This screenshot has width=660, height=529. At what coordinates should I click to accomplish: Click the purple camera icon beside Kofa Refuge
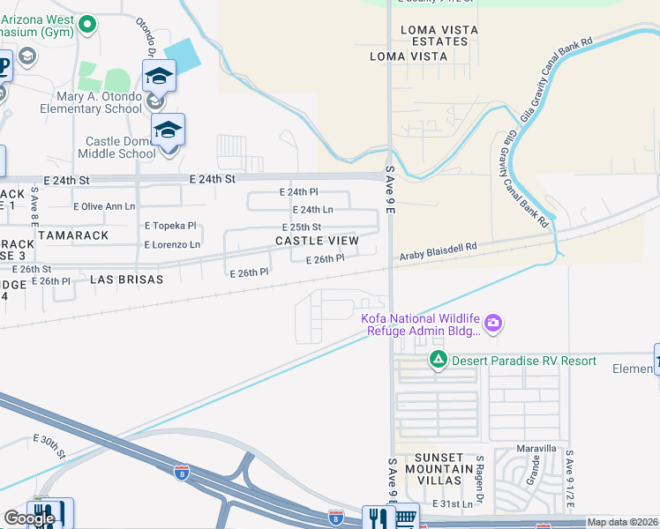pyautogui.click(x=493, y=324)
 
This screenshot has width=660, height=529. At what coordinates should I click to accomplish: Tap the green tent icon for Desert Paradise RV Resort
pyautogui.click(x=437, y=360)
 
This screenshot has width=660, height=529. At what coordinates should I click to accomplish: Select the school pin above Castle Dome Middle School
pyautogui.click(x=167, y=130)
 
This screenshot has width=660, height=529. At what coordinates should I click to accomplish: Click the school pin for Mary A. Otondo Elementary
pyautogui.click(x=159, y=77)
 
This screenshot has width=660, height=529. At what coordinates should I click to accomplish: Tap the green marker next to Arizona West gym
pyautogui.click(x=86, y=25)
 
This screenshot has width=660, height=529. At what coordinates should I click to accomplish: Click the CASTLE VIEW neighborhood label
pyautogui.click(x=317, y=241)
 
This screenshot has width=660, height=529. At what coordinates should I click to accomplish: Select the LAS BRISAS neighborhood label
pyautogui.click(x=127, y=279)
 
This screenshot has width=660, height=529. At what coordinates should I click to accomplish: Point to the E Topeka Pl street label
pyautogui.click(x=170, y=226)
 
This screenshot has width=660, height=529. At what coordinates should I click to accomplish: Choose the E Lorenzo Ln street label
pyautogui.click(x=172, y=244)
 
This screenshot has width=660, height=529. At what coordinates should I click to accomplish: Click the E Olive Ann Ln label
pyautogui.click(x=103, y=206)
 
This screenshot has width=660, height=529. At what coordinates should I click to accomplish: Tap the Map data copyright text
pyautogui.click(x=623, y=523)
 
